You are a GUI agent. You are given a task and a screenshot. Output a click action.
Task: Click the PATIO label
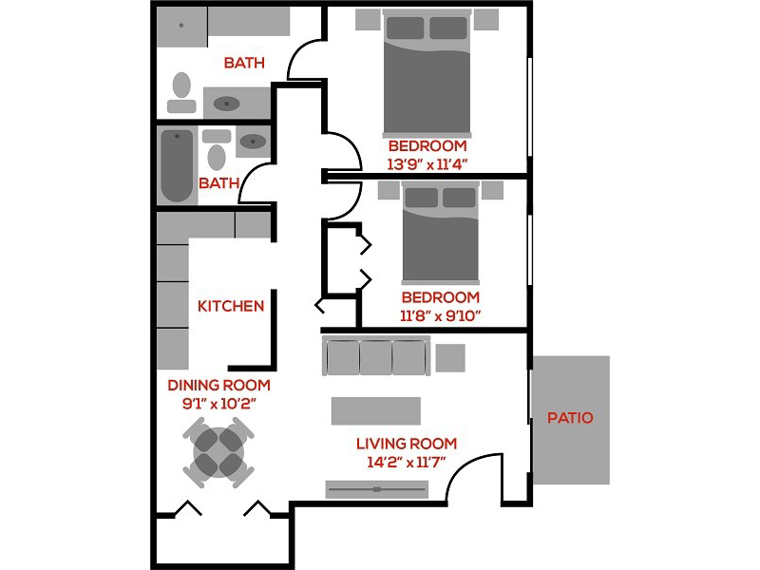pos(570,418)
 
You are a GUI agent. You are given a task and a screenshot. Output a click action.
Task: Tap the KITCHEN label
pos(231,306)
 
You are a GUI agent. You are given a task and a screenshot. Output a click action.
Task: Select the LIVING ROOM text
pos(407,444)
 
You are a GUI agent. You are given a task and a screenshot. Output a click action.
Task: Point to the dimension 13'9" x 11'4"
pos(427,164)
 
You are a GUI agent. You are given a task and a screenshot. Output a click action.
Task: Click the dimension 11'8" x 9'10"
pos(440,316)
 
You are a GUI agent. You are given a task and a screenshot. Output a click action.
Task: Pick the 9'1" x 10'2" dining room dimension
pos(219,403)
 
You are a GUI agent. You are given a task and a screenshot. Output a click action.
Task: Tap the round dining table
pos(218,452)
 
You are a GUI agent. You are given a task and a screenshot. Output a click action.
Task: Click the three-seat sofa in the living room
pos(376,355)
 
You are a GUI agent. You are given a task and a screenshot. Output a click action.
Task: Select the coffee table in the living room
pos(376,411)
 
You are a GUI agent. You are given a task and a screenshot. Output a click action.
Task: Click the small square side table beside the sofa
pos(450,358)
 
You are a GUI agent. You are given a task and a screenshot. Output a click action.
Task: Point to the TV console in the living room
pos(376,489)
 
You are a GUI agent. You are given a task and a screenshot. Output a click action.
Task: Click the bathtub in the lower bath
pos(177,165)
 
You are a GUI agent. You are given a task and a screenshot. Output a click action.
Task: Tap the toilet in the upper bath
pos(181,92)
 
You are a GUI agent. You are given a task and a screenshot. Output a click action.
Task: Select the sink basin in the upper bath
pos(226,104)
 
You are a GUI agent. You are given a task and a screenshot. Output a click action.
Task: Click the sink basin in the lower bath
pos(253,142)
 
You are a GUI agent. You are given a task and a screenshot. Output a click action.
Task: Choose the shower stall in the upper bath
pos(181,28)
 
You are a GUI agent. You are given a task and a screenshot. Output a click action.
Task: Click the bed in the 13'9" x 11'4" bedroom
pos(427,74)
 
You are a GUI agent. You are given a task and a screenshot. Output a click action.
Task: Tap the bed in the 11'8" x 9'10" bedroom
pos(441,233)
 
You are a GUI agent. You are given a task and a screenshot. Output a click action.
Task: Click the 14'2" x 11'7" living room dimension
pos(407,462)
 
